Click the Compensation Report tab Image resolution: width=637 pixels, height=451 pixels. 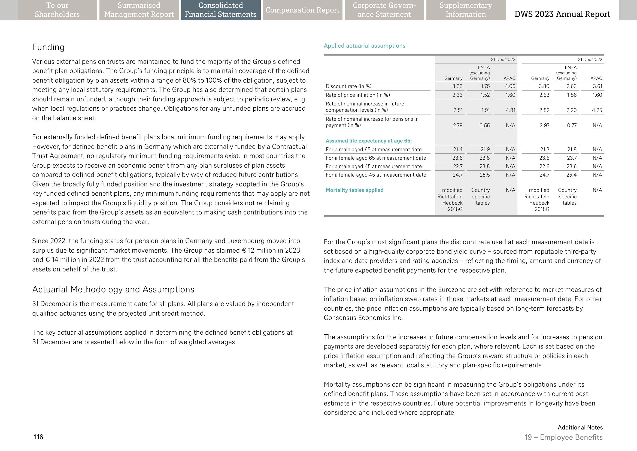(x=302, y=10)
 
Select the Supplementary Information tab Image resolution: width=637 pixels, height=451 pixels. (x=466, y=10)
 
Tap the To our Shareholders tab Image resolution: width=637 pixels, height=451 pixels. (x=57, y=10)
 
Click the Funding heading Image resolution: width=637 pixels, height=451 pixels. (x=48, y=47)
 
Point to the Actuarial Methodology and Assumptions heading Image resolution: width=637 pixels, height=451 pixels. (x=113, y=289)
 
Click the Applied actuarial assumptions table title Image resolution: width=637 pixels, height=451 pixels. (x=364, y=46)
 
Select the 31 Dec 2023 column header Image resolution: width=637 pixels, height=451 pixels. (x=503, y=59)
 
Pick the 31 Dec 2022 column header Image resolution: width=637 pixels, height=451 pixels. (x=590, y=59)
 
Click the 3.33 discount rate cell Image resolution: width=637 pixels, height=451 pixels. (x=457, y=86)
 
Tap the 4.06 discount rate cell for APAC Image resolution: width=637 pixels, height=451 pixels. (x=510, y=86)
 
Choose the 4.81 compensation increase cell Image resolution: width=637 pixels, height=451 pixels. (x=510, y=110)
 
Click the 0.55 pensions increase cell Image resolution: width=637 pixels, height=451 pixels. (x=484, y=126)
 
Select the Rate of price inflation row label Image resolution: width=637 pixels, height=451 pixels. (x=358, y=95)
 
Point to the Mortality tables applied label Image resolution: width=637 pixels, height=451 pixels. (x=354, y=190)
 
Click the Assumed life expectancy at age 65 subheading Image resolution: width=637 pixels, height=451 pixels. (x=368, y=141)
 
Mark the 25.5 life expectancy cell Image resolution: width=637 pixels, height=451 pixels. (x=485, y=175)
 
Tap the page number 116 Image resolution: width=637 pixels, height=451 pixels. (x=38, y=437)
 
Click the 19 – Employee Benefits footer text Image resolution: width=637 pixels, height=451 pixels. (x=563, y=437)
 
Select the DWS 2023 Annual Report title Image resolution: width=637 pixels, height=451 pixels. (x=562, y=14)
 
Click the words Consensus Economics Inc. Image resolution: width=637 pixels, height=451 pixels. (x=363, y=318)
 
